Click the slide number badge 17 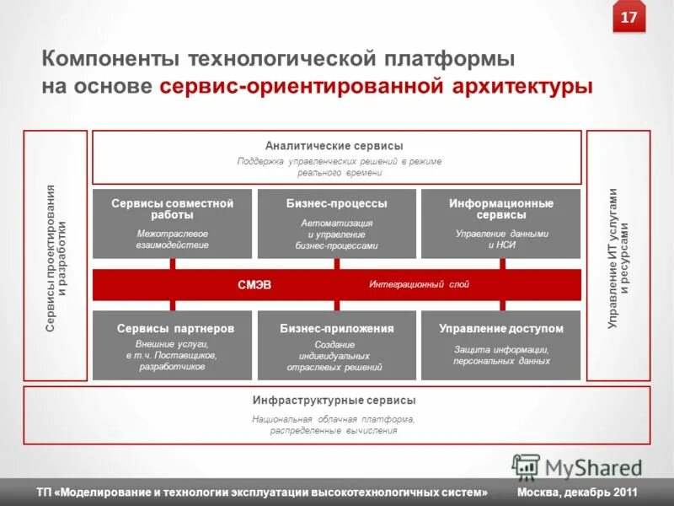(x=629, y=18)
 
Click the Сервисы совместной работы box (x=173, y=223)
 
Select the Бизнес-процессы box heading (x=337, y=204)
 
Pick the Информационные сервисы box (x=500, y=223)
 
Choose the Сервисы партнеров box (x=173, y=345)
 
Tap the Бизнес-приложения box (x=337, y=345)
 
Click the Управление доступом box (x=500, y=345)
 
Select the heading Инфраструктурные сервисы (x=334, y=401)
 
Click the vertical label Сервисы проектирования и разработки (x=56, y=257)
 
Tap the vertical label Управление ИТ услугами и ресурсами (x=618, y=257)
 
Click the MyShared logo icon (x=526, y=467)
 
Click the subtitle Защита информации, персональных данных (x=501, y=355)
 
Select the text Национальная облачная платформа (x=334, y=419)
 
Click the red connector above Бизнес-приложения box (x=337, y=305)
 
